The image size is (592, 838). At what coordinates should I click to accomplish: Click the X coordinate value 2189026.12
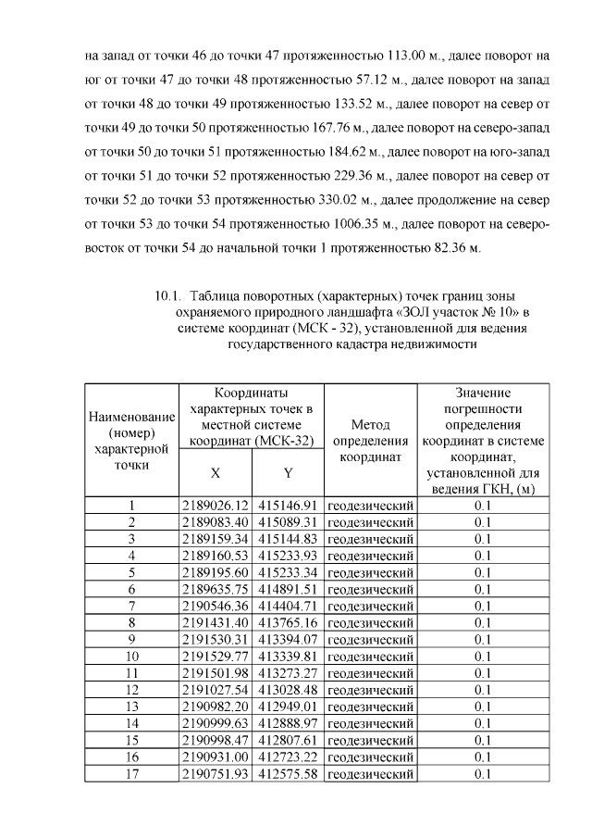pyautogui.click(x=216, y=507)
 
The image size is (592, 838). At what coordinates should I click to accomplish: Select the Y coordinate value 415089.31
pyautogui.click(x=288, y=523)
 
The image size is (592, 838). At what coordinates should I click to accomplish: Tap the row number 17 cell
pyautogui.click(x=131, y=774)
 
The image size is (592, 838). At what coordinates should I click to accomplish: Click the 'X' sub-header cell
pyautogui.click(x=215, y=473)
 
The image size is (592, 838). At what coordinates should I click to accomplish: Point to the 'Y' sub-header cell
pyautogui.click(x=288, y=473)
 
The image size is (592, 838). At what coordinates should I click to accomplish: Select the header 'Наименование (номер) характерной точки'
pyautogui.click(x=131, y=439)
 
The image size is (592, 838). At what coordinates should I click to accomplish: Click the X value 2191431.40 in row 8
pyautogui.click(x=216, y=623)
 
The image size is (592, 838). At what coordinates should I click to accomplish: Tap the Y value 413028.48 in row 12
pyautogui.click(x=288, y=690)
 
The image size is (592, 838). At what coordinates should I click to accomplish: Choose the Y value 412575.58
pyautogui.click(x=288, y=774)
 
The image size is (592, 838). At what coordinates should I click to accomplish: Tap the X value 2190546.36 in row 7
pyautogui.click(x=216, y=607)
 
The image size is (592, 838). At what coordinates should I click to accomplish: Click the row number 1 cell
pyautogui.click(x=131, y=507)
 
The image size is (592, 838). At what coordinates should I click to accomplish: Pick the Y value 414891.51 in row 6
pyautogui.click(x=288, y=590)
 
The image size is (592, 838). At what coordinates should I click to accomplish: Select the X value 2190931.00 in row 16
pyautogui.click(x=216, y=757)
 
